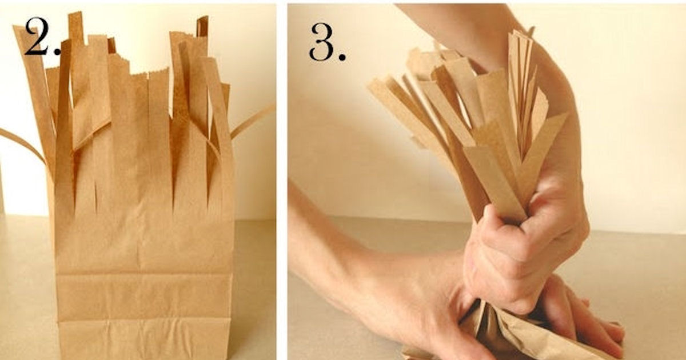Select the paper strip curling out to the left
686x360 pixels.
pos(23,143)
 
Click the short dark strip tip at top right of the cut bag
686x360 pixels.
pos(202,26)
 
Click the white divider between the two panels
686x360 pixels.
pos(282,180)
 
